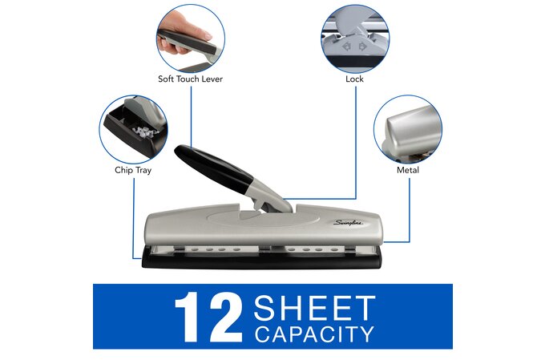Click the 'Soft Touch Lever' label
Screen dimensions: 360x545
190,79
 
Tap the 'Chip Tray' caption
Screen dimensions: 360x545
133,170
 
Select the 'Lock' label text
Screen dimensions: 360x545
355,79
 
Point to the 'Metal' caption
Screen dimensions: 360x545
408,170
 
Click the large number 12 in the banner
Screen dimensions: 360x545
207,318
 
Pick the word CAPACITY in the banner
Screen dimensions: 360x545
314,333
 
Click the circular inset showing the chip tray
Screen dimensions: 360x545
133,129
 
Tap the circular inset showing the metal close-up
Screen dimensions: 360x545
408,129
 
